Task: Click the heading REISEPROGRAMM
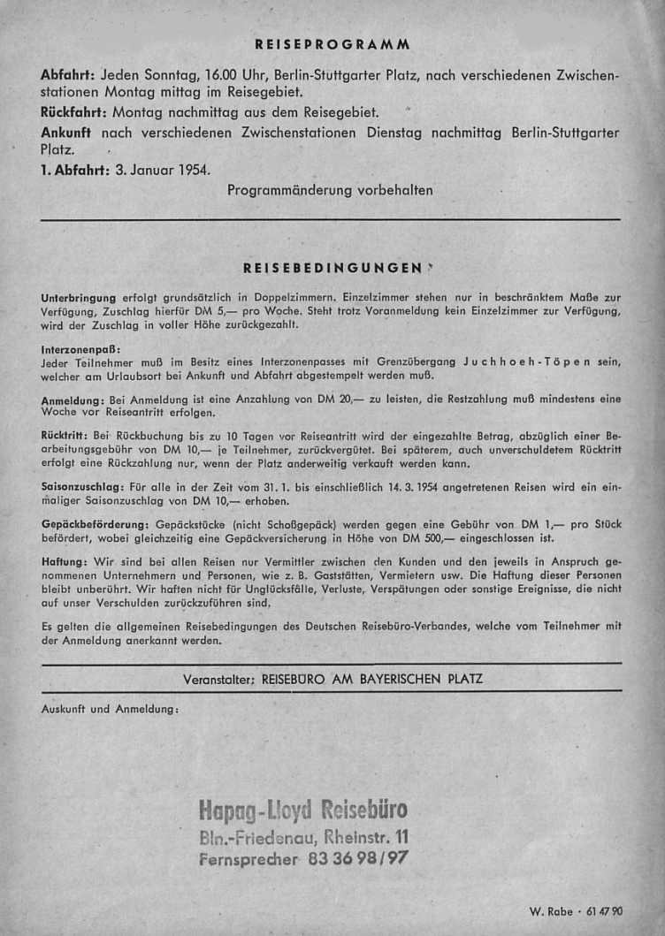332,43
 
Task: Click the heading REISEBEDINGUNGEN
332,266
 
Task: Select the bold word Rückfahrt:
75,112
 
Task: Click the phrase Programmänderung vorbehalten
330,190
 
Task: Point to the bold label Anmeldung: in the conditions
73,400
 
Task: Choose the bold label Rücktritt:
64,437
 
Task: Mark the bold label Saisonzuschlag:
81,486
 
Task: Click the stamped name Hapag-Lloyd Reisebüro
303,810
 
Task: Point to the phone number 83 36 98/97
357,857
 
